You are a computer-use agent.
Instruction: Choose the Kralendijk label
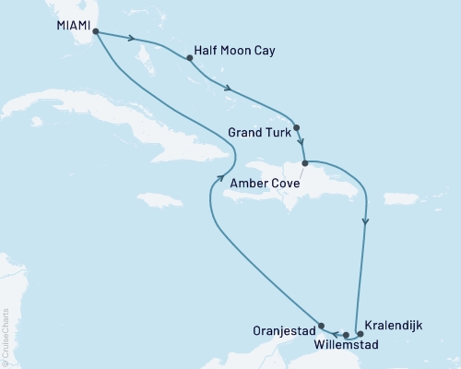(x=394, y=325)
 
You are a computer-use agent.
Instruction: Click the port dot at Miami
(x=96, y=30)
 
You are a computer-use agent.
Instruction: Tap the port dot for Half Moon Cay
(x=190, y=58)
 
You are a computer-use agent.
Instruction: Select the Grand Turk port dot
(x=296, y=128)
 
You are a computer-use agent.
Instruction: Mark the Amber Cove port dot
(x=305, y=163)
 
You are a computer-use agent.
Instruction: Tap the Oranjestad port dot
(x=321, y=325)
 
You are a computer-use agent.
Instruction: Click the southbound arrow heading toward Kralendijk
(x=367, y=221)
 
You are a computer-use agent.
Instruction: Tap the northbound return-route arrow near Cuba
(x=219, y=179)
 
